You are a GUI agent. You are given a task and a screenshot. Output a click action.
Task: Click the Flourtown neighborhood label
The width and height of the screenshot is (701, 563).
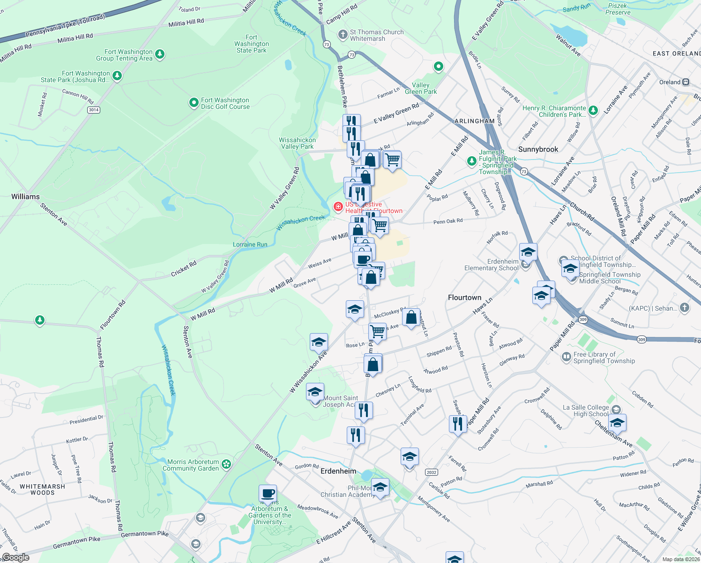(464, 297)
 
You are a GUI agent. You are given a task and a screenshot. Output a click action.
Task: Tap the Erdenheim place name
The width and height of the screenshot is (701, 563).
(338, 471)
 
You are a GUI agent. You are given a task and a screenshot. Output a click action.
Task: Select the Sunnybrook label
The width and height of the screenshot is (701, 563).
(538, 149)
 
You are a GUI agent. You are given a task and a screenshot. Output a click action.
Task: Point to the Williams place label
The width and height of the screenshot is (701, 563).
(25, 197)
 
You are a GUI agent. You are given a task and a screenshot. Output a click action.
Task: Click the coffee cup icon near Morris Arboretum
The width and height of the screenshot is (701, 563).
(268, 494)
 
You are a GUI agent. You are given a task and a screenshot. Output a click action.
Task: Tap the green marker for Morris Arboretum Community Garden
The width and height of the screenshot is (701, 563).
(226, 464)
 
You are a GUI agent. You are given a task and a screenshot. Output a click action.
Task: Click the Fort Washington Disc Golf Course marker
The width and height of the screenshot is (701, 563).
(194, 103)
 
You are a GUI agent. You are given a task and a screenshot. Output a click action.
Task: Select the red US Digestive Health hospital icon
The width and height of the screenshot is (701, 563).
(338, 206)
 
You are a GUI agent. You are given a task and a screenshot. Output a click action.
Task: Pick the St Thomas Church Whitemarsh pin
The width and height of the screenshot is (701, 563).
(343, 35)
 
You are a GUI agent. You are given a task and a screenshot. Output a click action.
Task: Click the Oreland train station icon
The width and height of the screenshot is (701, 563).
(686, 82)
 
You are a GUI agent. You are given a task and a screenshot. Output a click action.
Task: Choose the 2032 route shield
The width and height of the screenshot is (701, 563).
(431, 472)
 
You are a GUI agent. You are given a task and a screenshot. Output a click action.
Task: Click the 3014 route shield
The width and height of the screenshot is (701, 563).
(94, 110)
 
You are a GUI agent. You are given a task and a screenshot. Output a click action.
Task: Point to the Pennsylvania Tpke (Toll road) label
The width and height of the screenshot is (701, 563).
(65, 26)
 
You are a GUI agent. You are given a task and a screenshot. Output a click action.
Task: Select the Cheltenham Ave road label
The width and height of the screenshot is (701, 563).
(613, 434)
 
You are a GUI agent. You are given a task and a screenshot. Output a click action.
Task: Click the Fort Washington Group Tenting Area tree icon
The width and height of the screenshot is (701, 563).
(160, 54)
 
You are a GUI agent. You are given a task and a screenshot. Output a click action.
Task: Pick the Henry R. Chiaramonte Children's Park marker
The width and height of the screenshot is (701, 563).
(593, 111)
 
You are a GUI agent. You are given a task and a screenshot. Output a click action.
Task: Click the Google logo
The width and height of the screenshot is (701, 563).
(15, 557)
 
